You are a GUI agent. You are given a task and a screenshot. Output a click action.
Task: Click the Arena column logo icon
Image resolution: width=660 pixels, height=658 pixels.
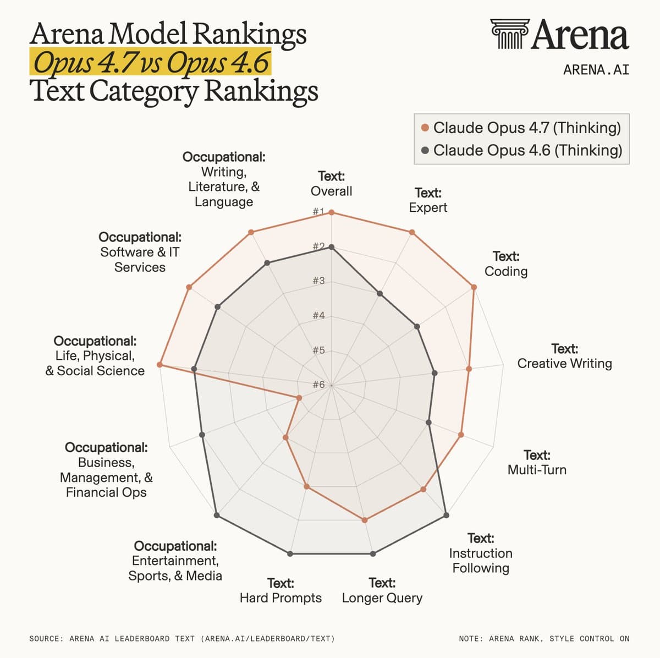coord(509,34)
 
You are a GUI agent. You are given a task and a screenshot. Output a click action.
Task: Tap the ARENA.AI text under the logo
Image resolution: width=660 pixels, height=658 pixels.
coord(596,70)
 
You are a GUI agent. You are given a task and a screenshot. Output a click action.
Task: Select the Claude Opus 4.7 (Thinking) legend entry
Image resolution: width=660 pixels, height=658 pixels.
coord(521,128)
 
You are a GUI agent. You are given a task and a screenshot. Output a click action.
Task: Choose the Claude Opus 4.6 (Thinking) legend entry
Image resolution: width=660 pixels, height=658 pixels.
coord(521,150)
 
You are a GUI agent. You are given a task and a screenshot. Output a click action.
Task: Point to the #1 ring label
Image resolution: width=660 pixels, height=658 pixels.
coord(318,211)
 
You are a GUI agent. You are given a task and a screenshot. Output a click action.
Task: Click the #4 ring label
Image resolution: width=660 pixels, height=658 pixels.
coord(318,315)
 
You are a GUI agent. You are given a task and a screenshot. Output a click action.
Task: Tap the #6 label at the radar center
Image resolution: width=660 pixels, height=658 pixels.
coord(318,385)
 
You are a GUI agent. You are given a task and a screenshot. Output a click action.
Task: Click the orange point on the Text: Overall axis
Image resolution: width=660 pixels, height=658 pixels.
coord(331,213)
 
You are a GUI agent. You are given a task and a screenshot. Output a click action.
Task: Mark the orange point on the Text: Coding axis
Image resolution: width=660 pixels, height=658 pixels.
coord(474,287)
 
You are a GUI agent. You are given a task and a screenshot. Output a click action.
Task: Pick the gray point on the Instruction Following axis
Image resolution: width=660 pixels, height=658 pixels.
coord(446,516)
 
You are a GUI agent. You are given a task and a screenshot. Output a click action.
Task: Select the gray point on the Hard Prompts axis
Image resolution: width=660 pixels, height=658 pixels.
coord(290,553)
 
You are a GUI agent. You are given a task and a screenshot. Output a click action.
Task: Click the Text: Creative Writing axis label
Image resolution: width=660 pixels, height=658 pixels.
coord(564,356)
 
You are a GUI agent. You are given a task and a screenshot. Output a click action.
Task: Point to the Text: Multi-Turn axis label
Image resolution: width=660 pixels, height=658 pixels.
coord(537,462)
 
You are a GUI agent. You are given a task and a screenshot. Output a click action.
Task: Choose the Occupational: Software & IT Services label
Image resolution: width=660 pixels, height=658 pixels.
coord(140,252)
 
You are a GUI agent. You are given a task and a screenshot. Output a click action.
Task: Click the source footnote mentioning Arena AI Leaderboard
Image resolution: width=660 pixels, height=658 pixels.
coord(182,639)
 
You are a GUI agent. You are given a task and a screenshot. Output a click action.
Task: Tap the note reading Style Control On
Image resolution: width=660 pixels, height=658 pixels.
coord(544,639)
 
